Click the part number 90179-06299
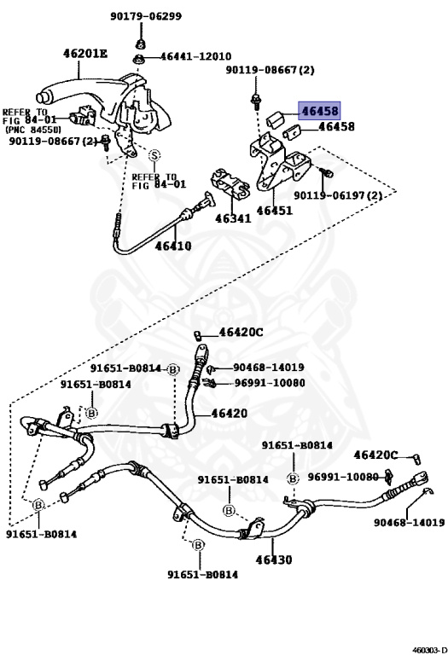[145, 15]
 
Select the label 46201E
[85, 54]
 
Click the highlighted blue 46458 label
[318, 111]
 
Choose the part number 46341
[232, 218]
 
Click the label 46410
[173, 246]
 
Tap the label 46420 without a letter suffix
[229, 413]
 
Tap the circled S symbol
[154, 155]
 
